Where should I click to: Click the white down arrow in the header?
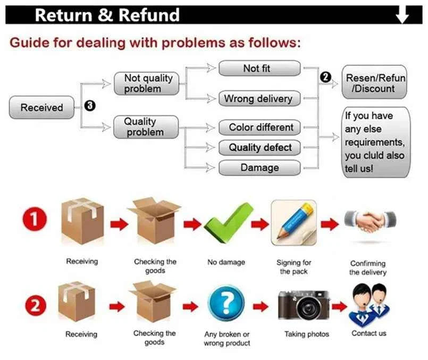coord(402,15)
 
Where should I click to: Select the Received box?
coord(41,108)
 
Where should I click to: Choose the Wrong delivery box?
coord(259,98)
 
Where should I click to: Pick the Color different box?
coord(260,128)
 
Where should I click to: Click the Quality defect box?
coord(260,148)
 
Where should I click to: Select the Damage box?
coord(260,168)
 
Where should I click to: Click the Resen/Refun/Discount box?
coord(375,83)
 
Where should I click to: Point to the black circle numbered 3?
coord(90,106)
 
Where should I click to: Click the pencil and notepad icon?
coord(293,222)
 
